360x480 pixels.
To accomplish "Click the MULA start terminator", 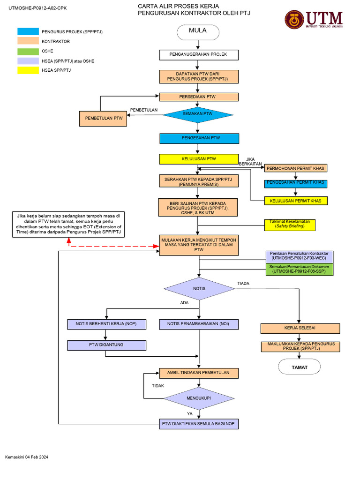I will (198, 31).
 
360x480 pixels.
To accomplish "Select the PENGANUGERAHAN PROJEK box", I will (199, 55).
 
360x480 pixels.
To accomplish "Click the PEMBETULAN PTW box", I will (103, 119).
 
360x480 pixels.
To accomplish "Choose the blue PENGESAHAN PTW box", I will (199, 138).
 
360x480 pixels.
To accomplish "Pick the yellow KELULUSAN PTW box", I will (199, 159).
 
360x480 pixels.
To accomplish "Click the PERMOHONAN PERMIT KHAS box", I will (296, 168).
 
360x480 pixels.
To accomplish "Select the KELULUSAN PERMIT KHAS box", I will (296, 201).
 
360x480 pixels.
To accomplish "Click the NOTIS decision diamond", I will (199, 288).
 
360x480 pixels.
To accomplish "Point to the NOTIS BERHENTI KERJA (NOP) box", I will (107, 324).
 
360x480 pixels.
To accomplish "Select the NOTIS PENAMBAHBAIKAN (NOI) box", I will (199, 324).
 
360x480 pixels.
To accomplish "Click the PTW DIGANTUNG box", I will (107, 345).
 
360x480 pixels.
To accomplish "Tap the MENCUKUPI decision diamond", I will (199, 398).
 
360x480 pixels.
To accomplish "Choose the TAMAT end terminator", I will (300, 367).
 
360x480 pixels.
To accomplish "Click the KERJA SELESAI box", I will (300, 328).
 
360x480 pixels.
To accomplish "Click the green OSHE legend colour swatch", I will (28, 51).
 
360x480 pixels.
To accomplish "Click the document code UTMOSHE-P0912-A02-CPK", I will (34, 8).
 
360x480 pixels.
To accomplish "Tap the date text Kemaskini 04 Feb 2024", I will (27, 457).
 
